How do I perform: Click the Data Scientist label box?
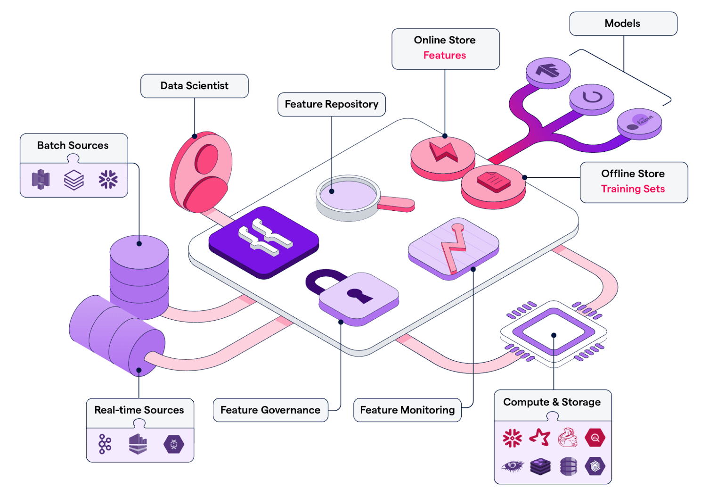(x=194, y=86)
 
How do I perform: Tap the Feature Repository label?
(x=331, y=104)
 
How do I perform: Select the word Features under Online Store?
(x=444, y=56)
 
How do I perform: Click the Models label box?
(x=622, y=24)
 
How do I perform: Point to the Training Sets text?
(x=633, y=189)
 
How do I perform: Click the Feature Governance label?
(x=270, y=410)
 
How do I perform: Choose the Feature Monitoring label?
(x=407, y=410)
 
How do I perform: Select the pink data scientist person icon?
(x=202, y=172)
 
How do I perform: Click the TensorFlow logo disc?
(x=548, y=71)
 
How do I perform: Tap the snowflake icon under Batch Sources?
(x=108, y=180)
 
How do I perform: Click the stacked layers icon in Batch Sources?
(x=74, y=180)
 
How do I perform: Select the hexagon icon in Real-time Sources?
(x=173, y=444)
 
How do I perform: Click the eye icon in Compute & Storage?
(x=512, y=466)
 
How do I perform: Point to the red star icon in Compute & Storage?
(x=540, y=438)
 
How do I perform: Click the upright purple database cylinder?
(x=139, y=276)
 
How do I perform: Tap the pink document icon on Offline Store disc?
(x=493, y=182)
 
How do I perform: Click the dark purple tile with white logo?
(x=264, y=241)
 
